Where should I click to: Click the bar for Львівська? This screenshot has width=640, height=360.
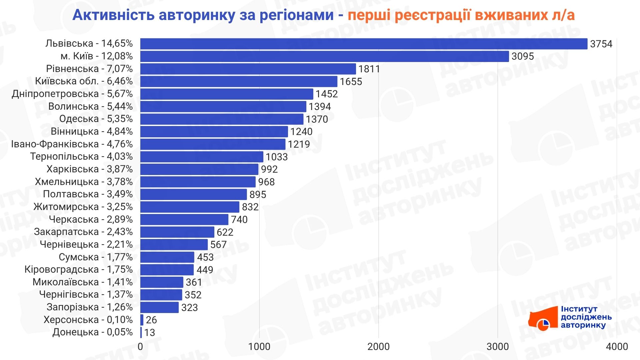click(363, 44)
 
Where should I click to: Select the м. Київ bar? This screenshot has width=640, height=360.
click(324, 56)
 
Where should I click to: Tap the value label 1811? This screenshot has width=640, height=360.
click(369, 69)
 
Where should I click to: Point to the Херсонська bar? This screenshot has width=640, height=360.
click(142, 320)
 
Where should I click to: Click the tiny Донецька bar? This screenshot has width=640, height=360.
click(141, 332)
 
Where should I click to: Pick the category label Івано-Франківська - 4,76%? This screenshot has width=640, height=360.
click(72, 144)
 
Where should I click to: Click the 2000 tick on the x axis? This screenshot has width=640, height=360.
click(378, 347)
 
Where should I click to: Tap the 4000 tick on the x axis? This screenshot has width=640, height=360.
click(617, 347)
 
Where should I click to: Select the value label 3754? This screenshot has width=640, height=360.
click(601, 44)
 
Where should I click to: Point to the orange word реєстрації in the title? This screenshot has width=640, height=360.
click(432, 15)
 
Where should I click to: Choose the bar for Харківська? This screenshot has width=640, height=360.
click(199, 169)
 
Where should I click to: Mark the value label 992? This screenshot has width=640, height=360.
click(269, 169)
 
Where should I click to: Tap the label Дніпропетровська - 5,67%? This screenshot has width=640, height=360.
click(72, 94)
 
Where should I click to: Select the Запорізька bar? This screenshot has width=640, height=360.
click(159, 307)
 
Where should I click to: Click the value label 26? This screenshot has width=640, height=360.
click(151, 320)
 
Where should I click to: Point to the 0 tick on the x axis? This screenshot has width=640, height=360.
click(140, 347)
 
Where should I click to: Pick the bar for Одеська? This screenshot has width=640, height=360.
click(222, 119)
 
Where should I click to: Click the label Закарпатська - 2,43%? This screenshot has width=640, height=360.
click(83, 232)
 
